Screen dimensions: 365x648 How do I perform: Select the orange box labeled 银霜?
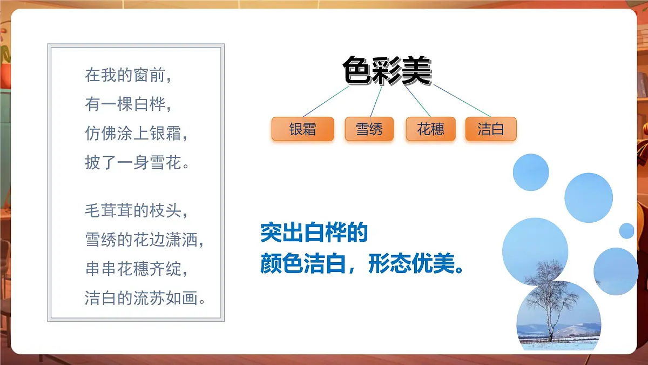tap(302, 129)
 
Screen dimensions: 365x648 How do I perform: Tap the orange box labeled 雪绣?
tap(369, 129)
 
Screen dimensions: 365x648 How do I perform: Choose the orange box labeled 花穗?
tap(430, 129)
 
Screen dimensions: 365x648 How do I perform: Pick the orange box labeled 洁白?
tap(491, 129)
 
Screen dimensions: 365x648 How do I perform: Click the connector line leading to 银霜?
tap(326, 102)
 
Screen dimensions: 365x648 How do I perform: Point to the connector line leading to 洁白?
tap(462, 101)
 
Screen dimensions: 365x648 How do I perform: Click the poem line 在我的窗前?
tap(128, 75)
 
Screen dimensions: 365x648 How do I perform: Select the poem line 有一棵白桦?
tap(128, 104)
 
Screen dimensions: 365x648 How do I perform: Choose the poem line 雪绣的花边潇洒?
tap(145, 240)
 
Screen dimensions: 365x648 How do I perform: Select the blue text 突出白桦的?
tap(314, 233)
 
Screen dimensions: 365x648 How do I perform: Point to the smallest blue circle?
tap(626, 231)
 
